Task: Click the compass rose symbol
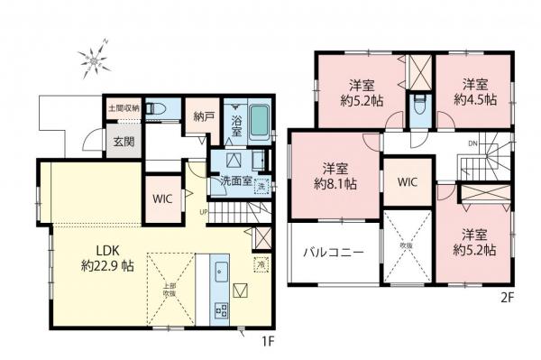[x=93, y=61]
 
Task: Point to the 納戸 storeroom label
[x=203, y=115]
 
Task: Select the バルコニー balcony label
[x=334, y=253]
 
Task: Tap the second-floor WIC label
[x=407, y=181]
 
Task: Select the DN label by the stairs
[x=472, y=144]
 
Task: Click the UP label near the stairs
[x=206, y=214]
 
